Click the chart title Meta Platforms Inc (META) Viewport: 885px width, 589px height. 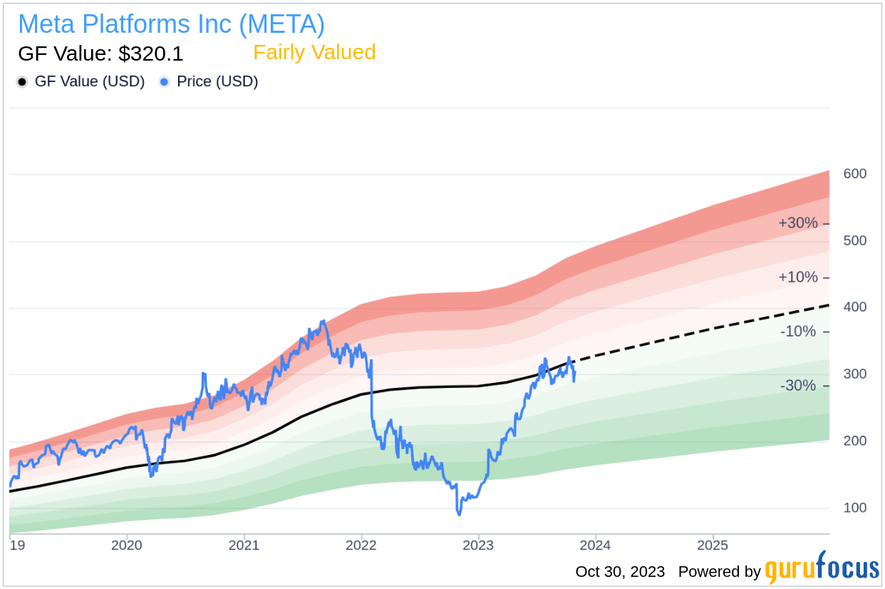tap(171, 24)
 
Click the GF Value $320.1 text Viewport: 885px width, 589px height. tap(100, 53)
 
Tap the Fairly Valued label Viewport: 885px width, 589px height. tap(314, 53)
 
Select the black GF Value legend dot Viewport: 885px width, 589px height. tap(22, 82)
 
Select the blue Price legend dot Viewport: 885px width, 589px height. tap(164, 82)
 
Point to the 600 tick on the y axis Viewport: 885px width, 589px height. tap(855, 174)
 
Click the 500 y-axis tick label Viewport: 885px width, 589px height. tap(855, 241)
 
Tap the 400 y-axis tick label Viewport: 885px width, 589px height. tap(855, 307)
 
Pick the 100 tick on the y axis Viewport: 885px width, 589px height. tap(855, 508)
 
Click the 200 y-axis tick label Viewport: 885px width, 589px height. tap(855, 441)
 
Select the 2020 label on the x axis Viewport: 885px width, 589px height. tap(127, 546)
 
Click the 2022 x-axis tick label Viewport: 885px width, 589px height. tap(361, 546)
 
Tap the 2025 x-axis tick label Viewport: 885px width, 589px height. tap(713, 546)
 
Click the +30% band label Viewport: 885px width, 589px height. tap(798, 223)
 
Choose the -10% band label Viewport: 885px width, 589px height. tap(798, 332)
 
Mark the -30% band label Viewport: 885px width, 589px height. tap(798, 386)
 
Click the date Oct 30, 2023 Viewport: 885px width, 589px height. tap(620, 572)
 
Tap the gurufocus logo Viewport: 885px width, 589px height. tap(822, 570)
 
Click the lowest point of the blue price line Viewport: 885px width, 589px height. tap(459, 514)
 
